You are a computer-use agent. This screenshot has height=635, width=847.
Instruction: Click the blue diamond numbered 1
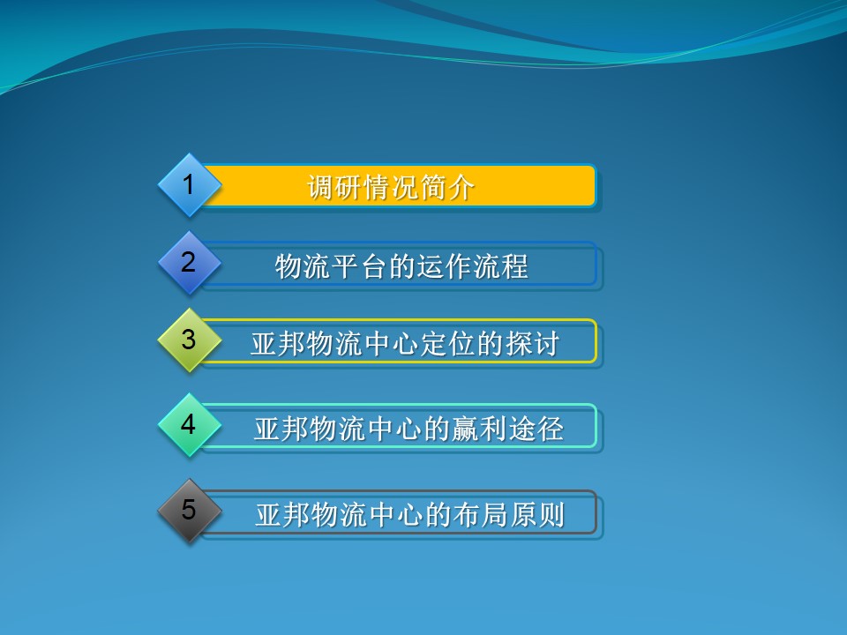188,185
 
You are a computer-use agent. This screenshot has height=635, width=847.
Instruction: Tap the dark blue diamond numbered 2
188,263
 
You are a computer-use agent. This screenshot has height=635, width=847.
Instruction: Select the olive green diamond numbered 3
188,340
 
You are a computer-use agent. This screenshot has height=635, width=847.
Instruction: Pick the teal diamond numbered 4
188,425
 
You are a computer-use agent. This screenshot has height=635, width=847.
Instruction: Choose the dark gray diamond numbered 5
188,511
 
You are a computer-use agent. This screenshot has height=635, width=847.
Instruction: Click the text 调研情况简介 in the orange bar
391,187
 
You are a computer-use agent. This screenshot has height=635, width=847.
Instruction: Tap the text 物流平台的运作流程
401,265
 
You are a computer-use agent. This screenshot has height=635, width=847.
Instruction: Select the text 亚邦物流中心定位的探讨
405,343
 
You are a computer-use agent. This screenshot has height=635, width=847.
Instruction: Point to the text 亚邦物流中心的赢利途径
409,428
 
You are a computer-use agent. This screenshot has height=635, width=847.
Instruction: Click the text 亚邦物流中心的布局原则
409,514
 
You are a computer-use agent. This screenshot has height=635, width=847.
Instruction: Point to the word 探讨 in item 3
533,343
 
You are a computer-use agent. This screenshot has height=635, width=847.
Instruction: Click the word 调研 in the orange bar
334,187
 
